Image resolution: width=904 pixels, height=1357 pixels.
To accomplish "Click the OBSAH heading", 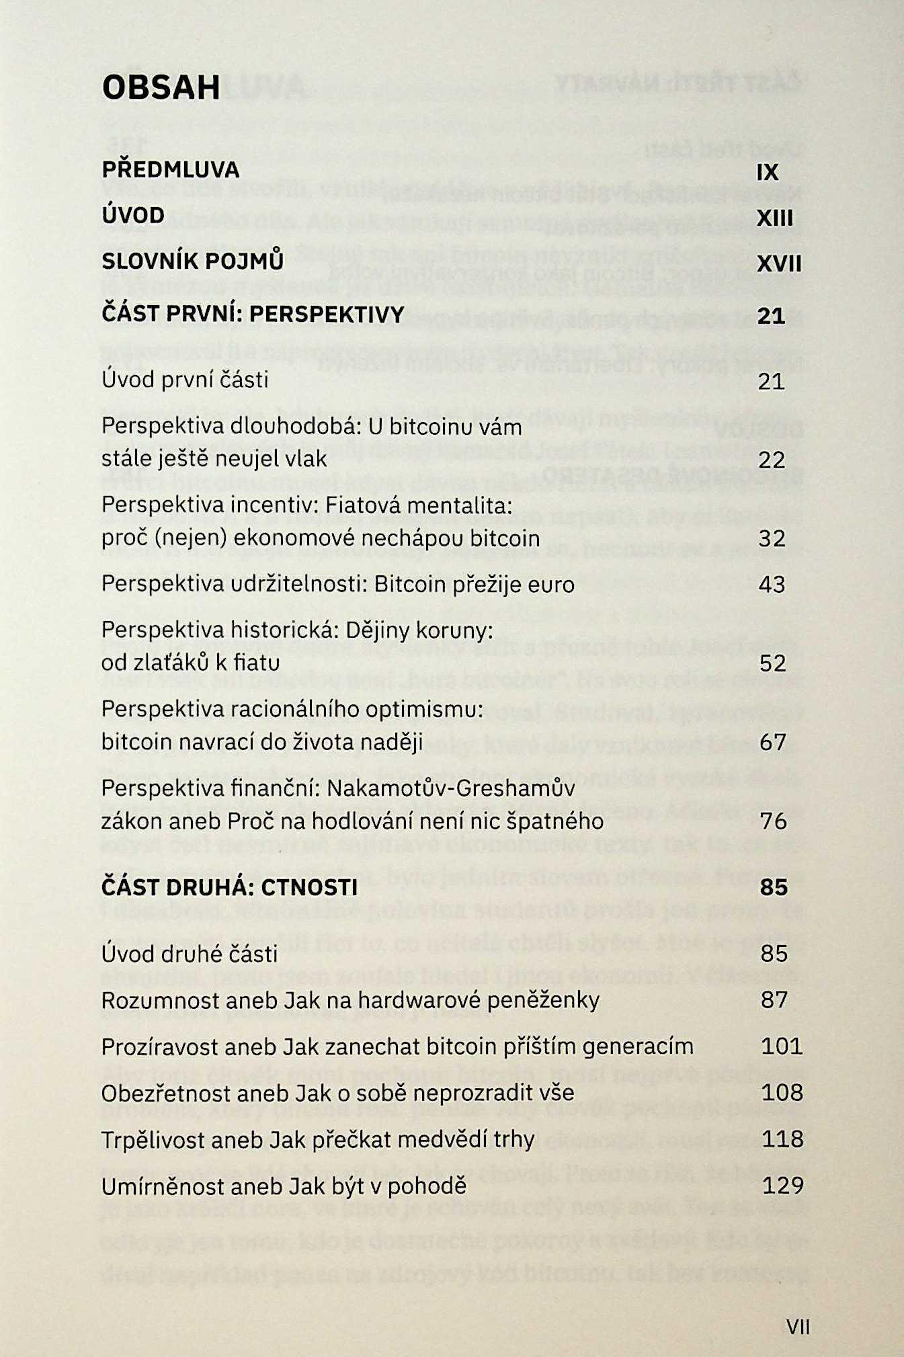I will click(x=161, y=87).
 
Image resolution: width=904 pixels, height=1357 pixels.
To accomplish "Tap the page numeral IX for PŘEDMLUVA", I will click(x=767, y=173).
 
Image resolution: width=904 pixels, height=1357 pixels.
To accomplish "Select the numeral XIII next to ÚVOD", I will click(x=775, y=218).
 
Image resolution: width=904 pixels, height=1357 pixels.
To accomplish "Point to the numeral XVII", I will click(x=779, y=263).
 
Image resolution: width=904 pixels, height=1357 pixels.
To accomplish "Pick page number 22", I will click(x=772, y=460).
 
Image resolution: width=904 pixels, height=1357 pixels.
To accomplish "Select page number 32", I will click(x=772, y=539).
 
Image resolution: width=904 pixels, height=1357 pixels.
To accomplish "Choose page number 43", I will click(x=772, y=585).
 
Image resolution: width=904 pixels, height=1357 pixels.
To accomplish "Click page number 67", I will click(x=773, y=742).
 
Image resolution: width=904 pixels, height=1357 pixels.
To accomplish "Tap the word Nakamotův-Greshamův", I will click(x=450, y=788).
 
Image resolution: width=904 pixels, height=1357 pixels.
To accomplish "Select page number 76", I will click(x=773, y=821).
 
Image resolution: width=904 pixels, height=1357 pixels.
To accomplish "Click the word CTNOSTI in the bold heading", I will click(x=309, y=888).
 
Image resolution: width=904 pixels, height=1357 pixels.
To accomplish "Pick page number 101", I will click(x=782, y=1046).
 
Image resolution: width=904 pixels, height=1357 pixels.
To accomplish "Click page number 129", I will click(x=783, y=1186).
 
